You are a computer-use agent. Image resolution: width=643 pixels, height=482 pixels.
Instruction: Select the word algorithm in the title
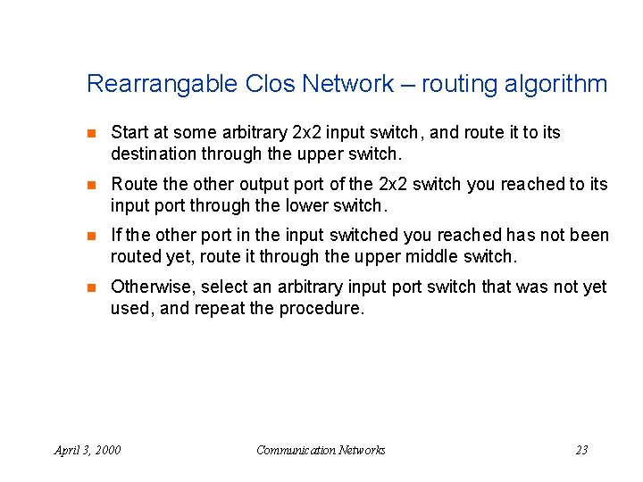[x=553, y=85]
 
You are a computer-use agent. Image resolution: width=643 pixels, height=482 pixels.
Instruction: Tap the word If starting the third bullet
[x=116, y=236]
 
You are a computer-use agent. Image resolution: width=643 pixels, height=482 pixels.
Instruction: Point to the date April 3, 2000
[x=88, y=450]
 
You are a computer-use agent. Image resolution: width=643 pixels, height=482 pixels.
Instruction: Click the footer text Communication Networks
[x=321, y=450]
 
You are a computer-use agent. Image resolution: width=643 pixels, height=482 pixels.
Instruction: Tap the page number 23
[x=581, y=450]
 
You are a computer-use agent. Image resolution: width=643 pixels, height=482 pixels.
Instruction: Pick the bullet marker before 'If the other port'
[x=89, y=237]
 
